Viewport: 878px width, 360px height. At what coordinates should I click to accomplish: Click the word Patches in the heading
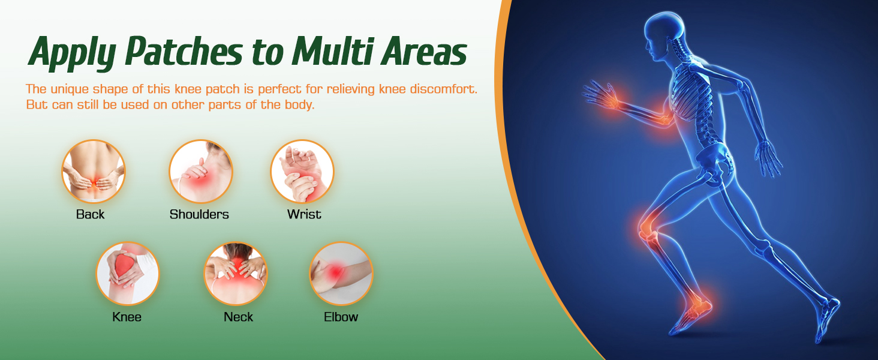[184, 51]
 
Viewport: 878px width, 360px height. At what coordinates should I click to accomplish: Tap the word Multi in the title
[332, 51]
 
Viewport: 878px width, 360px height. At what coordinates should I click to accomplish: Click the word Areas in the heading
[424, 51]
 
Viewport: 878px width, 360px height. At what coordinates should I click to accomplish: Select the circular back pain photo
[94, 172]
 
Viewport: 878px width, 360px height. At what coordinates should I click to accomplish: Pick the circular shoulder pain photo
[201, 172]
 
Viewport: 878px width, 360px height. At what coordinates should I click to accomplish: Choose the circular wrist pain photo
[302, 172]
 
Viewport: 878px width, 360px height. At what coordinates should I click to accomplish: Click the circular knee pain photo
[128, 274]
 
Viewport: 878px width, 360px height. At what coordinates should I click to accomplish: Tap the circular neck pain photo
[236, 274]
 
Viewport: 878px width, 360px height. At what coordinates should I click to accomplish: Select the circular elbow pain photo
[341, 274]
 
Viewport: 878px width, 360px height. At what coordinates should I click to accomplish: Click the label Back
[90, 214]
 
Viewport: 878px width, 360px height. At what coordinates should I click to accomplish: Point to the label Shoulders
[199, 214]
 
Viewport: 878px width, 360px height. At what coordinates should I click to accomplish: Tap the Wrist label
[304, 214]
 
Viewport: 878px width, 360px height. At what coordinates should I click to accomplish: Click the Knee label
[127, 317]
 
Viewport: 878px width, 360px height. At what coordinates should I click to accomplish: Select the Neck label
[238, 317]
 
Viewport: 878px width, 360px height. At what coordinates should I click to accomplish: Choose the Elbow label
[341, 317]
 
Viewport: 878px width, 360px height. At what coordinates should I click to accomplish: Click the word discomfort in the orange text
[444, 89]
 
